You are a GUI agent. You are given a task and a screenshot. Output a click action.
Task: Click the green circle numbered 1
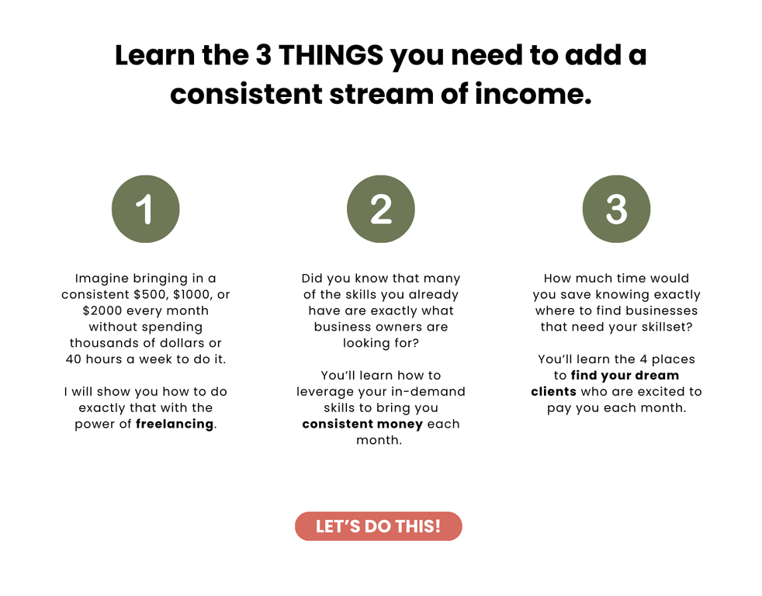click(145, 209)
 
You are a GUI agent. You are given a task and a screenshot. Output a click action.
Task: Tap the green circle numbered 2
click(381, 209)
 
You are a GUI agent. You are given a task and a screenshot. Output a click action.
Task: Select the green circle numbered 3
click(616, 209)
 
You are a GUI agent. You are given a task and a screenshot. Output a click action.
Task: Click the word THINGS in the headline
click(331, 55)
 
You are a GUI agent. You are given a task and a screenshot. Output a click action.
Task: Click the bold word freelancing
click(175, 424)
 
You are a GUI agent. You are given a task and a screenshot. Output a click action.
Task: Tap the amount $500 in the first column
click(151, 295)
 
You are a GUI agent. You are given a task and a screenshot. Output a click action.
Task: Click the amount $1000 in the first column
click(192, 295)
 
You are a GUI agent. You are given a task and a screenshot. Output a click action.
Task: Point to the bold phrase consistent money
click(362, 424)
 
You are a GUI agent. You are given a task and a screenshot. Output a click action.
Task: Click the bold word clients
click(553, 392)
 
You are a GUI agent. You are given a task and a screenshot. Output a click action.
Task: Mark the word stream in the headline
click(381, 94)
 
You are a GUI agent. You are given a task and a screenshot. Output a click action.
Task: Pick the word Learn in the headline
click(154, 55)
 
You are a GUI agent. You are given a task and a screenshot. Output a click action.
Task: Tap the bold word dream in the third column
click(656, 376)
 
